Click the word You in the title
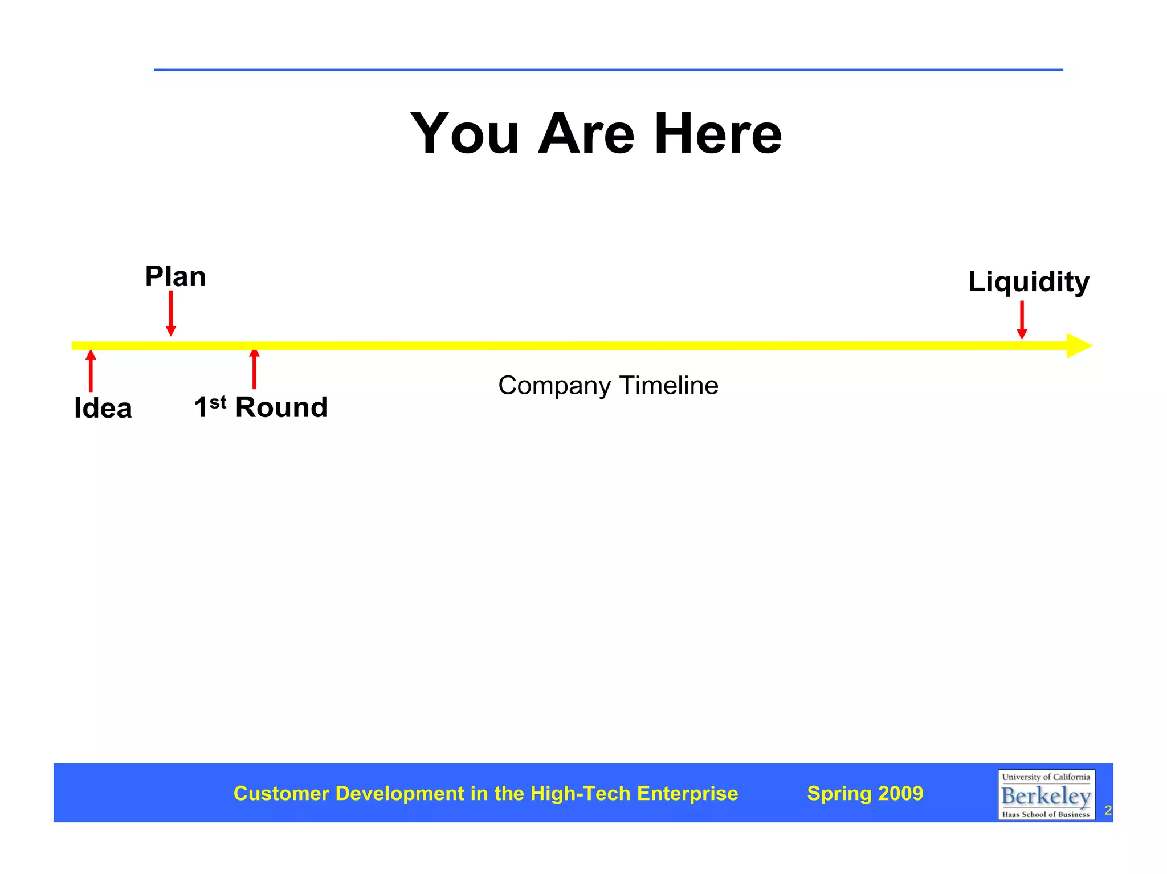coord(464,134)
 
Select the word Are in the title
coord(586,134)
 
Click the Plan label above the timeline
coord(176,277)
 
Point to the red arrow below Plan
coord(170,313)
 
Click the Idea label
coord(103,409)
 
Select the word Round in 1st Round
coord(281,407)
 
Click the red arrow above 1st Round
coord(254,369)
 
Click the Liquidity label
coord(1029,282)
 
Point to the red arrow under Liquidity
coord(1022,320)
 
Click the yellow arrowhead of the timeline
coord(1078,346)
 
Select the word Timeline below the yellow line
coord(668,386)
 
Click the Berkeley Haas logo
coord(1046,795)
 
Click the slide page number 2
coord(1108,810)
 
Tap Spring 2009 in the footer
coord(865,794)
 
